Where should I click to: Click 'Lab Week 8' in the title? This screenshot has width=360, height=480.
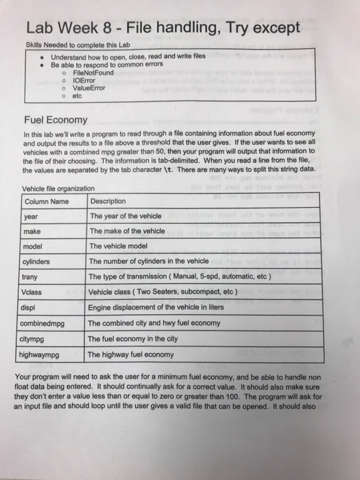[x=67, y=28]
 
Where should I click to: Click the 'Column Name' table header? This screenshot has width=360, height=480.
[x=47, y=201]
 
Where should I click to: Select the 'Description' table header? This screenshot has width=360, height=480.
[x=108, y=201]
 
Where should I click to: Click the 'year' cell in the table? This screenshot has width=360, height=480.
[x=31, y=216]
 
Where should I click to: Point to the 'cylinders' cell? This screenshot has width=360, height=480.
[x=38, y=261]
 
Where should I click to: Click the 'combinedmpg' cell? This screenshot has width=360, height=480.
[x=45, y=322]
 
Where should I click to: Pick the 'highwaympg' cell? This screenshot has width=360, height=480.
[x=43, y=355]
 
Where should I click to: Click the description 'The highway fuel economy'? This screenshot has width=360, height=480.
[x=132, y=355]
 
